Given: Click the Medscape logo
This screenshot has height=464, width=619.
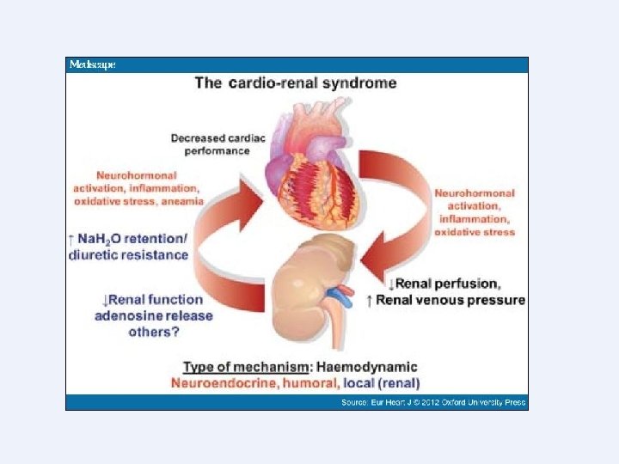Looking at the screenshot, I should pyautogui.click(x=92, y=64).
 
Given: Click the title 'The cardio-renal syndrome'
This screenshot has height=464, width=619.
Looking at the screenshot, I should pyautogui.click(x=296, y=83).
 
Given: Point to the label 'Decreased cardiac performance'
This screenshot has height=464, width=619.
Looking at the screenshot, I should pyautogui.click(x=210, y=143).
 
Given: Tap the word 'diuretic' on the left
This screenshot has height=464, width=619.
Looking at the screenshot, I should pyautogui.click(x=97, y=254).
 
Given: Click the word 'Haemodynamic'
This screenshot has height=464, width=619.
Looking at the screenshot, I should pyautogui.click(x=376, y=367).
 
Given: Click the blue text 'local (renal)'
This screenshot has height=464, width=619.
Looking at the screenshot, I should pyautogui.click(x=382, y=382).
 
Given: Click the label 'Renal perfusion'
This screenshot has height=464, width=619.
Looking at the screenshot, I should pyautogui.click(x=447, y=284).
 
